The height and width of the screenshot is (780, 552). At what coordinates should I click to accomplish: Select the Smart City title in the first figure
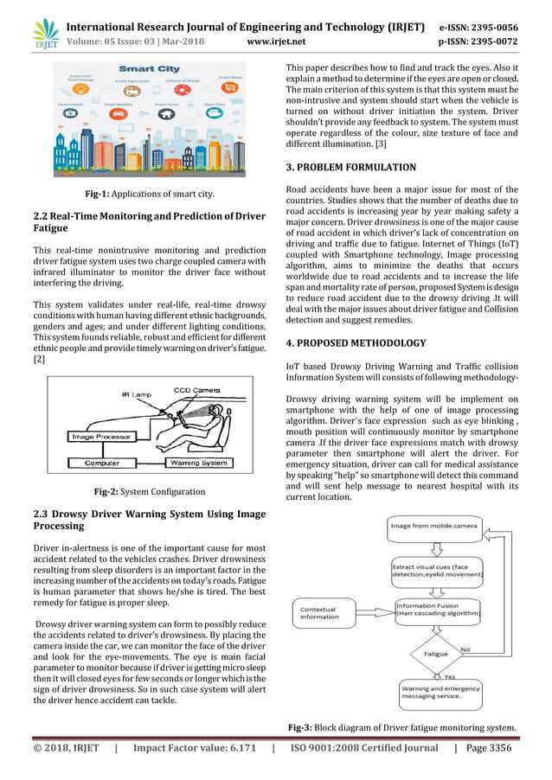pos(149,68)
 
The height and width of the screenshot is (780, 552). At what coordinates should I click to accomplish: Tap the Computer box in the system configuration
pos(102,463)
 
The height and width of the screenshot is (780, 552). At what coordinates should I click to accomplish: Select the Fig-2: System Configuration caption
pos(149,492)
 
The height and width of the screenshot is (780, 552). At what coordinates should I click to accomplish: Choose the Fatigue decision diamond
pos(435,654)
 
